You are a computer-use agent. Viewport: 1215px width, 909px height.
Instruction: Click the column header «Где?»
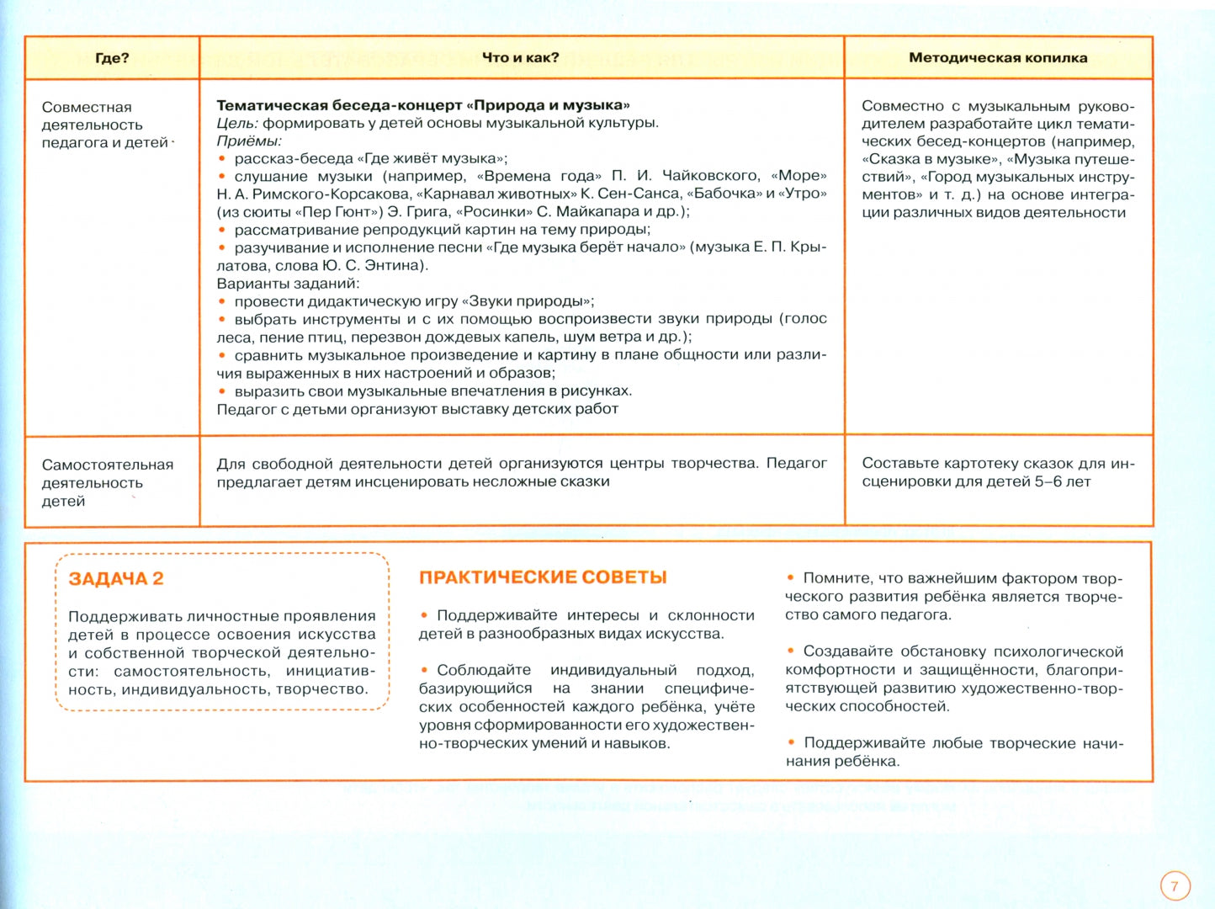click(x=112, y=58)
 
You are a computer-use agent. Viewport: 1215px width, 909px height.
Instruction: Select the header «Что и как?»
click(x=520, y=57)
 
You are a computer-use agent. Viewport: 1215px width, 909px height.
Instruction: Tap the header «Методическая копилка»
click(x=998, y=58)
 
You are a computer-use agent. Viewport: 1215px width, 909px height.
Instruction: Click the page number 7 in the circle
click(x=1175, y=886)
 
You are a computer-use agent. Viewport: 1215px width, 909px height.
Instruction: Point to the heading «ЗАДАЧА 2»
click(x=116, y=579)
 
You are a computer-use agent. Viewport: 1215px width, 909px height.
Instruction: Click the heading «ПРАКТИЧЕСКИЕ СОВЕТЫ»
click(x=543, y=577)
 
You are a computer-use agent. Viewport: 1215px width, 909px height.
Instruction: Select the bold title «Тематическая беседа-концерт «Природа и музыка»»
click(x=423, y=105)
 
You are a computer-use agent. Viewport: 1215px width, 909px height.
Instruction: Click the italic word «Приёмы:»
click(x=249, y=141)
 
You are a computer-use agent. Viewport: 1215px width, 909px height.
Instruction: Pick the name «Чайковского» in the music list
click(x=710, y=176)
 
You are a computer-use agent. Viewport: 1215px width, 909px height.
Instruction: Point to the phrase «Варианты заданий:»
click(x=288, y=284)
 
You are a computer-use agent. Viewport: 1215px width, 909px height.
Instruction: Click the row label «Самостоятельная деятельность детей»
click(x=107, y=482)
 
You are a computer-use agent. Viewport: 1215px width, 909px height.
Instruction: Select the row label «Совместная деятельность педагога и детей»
click(x=104, y=125)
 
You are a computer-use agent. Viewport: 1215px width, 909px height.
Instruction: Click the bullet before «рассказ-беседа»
click(x=222, y=159)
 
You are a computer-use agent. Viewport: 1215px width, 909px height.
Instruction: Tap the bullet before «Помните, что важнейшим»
click(x=791, y=578)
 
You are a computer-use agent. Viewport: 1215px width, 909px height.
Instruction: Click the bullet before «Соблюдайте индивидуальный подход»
click(x=425, y=670)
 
